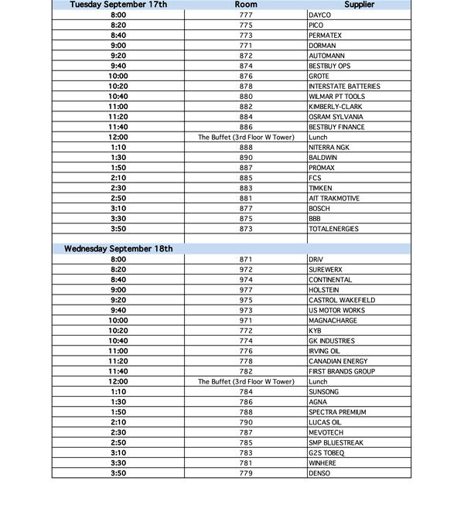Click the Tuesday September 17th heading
tap(118, 5)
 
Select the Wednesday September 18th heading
tap(118, 249)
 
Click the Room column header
tap(246, 5)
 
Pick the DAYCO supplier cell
tap(319, 15)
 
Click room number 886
tap(246, 127)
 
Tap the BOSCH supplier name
tap(319, 209)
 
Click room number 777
tap(246, 15)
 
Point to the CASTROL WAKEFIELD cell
tap(341, 300)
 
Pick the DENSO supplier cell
tap(319, 473)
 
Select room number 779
tap(246, 473)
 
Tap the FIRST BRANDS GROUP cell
tap(341, 371)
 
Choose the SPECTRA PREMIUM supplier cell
tap(337, 412)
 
